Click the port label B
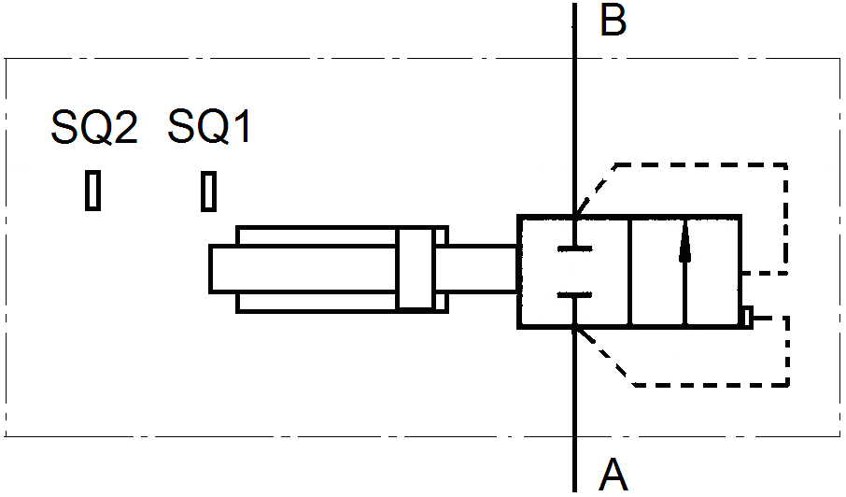click(613, 21)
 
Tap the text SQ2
click(94, 128)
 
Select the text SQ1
click(210, 128)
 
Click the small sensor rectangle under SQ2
click(92, 191)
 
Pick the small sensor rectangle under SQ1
click(209, 191)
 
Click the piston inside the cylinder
click(416, 269)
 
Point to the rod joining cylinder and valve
click(482, 269)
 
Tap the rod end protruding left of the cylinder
click(224, 269)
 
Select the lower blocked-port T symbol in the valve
click(574, 297)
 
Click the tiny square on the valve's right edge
click(746, 318)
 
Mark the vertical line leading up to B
click(574, 112)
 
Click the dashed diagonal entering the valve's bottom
click(605, 356)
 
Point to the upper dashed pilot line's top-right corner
click(786, 165)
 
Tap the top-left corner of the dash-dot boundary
click(7, 60)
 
